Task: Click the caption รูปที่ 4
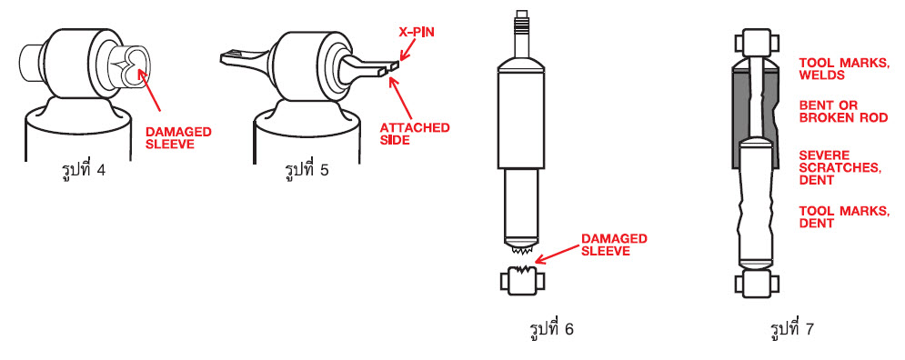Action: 83,171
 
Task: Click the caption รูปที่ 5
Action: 307,171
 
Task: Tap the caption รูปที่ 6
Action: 551,329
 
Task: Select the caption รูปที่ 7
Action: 792,329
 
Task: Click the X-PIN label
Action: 417,32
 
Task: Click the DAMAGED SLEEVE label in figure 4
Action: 178,138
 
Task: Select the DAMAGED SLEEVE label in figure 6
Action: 614,245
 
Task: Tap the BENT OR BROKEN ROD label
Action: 843,112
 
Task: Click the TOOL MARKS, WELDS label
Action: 844,69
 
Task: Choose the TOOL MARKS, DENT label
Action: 844,217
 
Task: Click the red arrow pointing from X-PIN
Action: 408,51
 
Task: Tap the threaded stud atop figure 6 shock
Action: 521,22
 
